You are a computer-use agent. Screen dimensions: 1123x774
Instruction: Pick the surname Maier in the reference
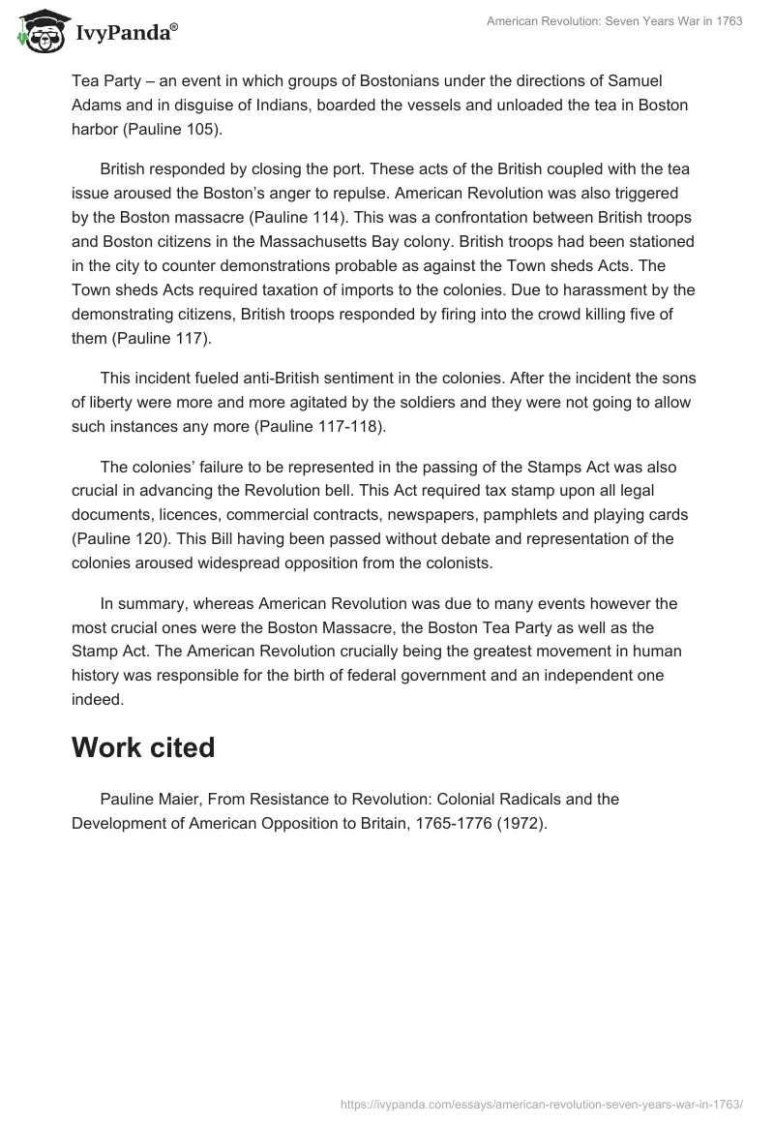(x=179, y=800)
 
